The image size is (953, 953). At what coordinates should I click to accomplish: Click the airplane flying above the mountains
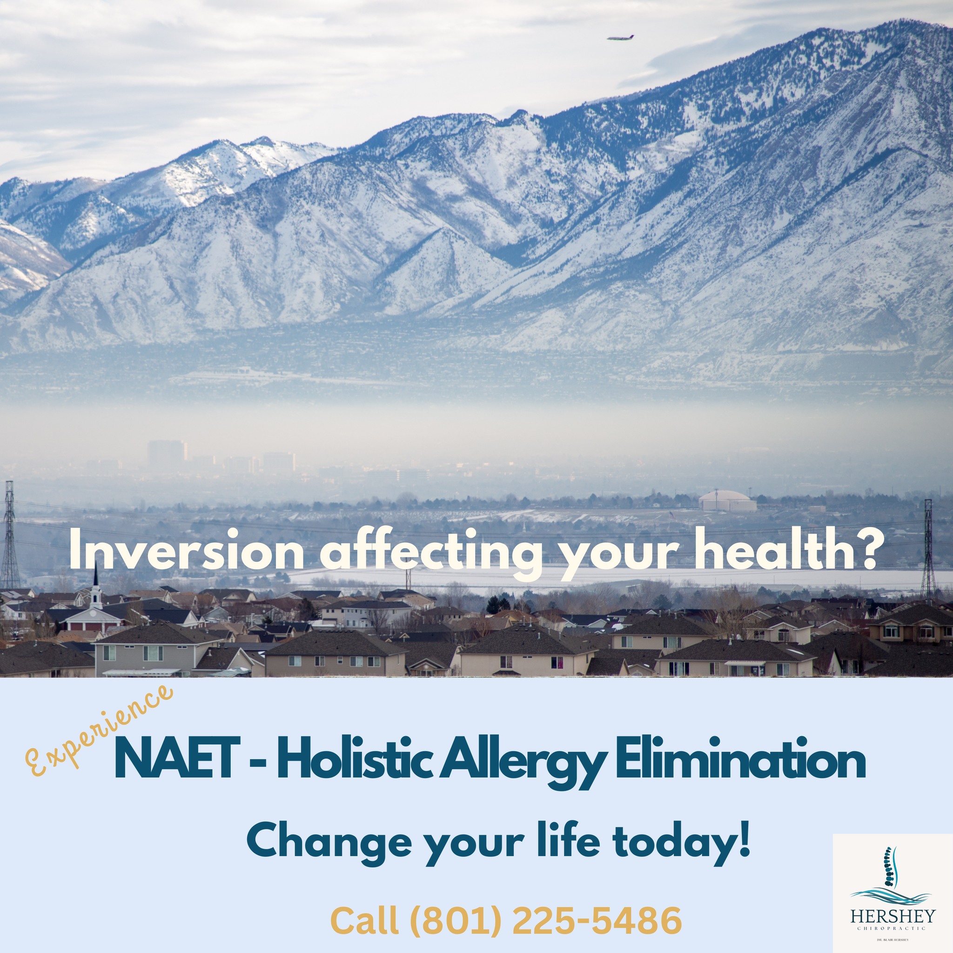click(620, 38)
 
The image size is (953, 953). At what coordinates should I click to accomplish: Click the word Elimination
click(739, 758)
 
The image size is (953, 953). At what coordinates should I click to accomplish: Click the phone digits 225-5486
click(597, 919)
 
